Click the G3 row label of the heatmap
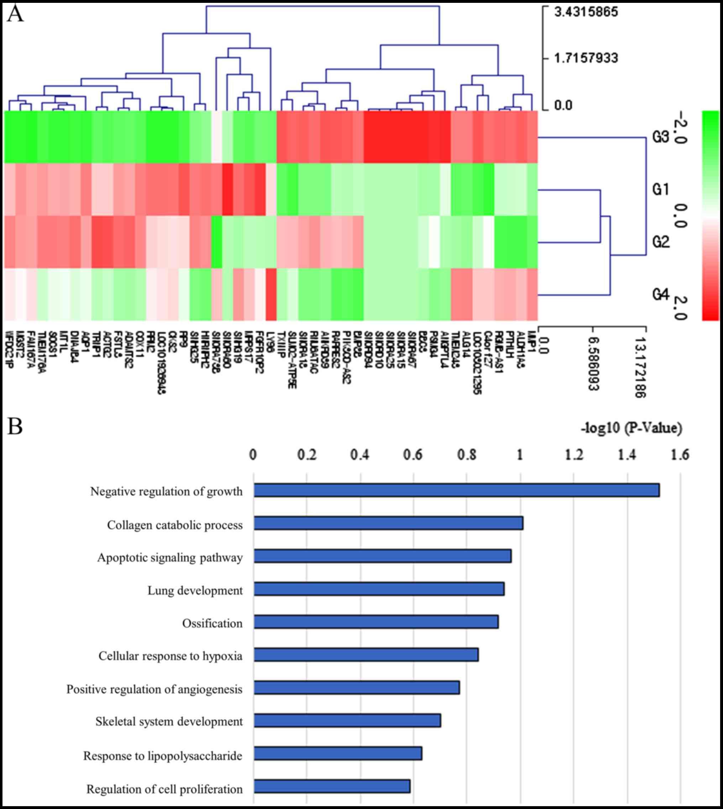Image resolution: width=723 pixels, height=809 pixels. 661,137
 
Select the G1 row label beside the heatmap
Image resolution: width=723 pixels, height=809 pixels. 661,190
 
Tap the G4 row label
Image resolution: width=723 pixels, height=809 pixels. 661,294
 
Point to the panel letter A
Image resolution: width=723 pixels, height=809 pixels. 15,15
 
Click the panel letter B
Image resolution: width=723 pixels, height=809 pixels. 15,426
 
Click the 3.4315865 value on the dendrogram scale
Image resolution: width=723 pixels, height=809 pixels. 586,12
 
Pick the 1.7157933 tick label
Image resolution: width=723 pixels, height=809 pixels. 586,58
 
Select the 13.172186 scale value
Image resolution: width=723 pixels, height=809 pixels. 641,362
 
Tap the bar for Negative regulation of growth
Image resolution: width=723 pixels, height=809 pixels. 456,490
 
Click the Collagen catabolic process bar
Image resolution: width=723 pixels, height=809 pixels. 388,523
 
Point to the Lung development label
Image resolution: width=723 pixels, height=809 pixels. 195,591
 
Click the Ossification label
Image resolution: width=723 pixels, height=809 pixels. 212,624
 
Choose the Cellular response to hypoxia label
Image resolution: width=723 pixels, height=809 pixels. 171,656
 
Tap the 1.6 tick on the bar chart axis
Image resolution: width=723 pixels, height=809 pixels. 680,455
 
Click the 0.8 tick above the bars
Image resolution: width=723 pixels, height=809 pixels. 467,455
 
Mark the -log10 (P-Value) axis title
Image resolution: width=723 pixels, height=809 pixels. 632,428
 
